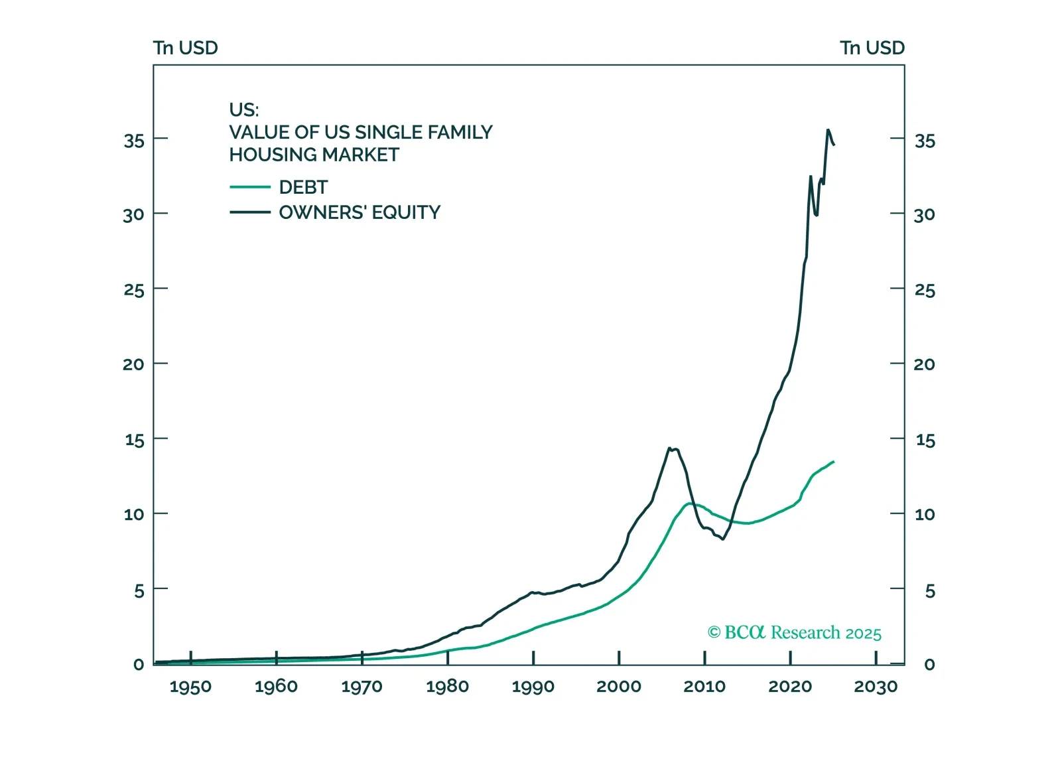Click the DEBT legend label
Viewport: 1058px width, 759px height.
coord(303,188)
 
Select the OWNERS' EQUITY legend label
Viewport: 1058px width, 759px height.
coord(360,212)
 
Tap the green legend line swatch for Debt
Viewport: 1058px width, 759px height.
coord(249,188)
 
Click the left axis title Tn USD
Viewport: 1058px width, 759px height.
coord(185,48)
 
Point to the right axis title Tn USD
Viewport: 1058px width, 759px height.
coord(872,48)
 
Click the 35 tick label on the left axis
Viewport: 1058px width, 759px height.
coord(133,141)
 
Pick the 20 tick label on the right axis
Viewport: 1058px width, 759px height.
coord(924,364)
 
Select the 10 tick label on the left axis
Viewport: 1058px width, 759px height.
coord(133,514)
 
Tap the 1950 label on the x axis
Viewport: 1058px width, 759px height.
coord(190,687)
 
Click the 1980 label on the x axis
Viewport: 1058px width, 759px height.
coord(447,687)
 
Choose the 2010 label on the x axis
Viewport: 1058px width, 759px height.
coord(704,687)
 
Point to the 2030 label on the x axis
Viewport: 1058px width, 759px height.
coord(875,687)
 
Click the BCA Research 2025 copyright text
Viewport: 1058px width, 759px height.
coord(794,633)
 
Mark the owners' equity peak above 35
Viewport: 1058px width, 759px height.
coord(827,130)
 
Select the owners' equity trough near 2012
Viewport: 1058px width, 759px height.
coord(722,539)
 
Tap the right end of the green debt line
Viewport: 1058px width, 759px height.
coord(834,461)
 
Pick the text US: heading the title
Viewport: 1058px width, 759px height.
coord(244,109)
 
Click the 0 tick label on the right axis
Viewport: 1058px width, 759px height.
coord(929,665)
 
